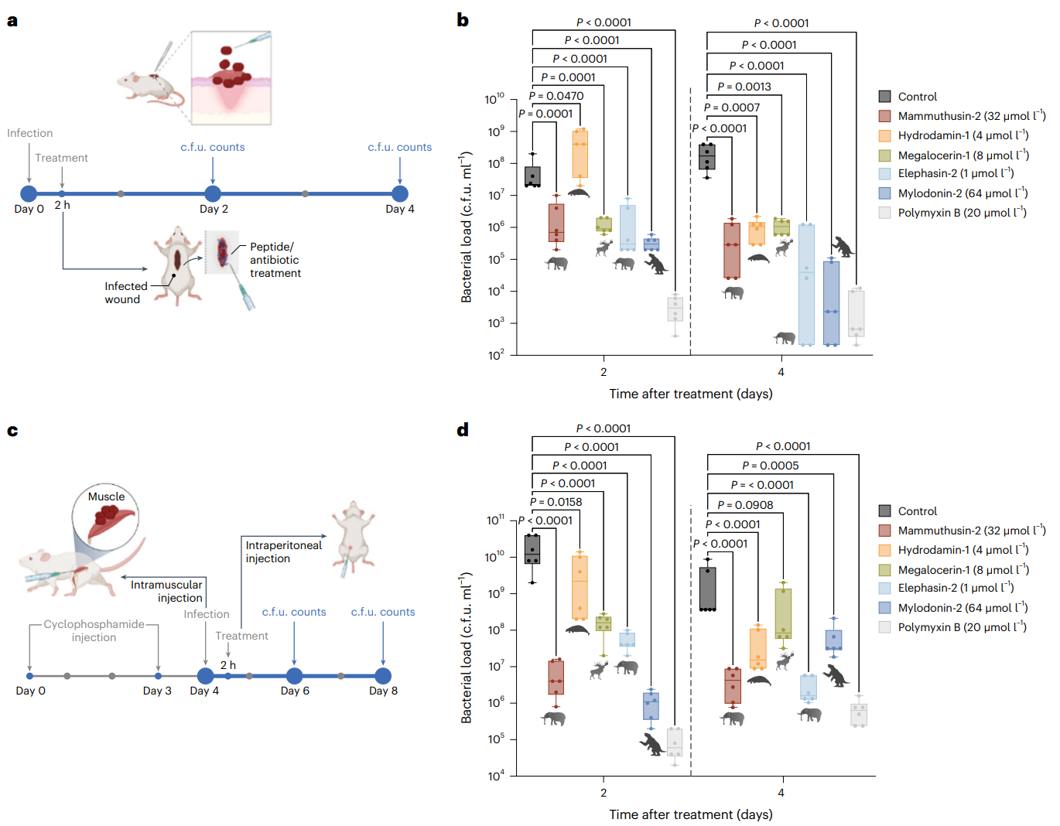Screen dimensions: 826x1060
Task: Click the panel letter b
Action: tap(463, 20)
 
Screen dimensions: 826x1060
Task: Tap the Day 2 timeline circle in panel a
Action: tap(213, 193)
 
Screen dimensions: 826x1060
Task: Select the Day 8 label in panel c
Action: tap(383, 691)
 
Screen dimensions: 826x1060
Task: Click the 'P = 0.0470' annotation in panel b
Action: tap(556, 96)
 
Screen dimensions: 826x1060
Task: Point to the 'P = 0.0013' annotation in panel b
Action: tap(744, 87)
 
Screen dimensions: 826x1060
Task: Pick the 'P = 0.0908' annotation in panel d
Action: tap(744, 505)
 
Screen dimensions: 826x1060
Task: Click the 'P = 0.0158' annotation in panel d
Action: tap(556, 502)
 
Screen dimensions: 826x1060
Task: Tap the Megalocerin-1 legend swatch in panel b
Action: tap(885, 155)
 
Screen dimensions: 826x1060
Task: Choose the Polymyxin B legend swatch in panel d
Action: tap(885, 627)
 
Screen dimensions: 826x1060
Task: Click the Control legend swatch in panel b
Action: tap(885, 97)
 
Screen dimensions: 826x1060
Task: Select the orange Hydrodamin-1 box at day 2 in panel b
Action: tap(580, 155)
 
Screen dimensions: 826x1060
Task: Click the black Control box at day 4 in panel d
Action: tap(707, 589)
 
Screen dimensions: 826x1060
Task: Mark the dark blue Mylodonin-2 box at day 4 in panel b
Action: tap(831, 302)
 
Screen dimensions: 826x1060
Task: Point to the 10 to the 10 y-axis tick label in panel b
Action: tap(494, 99)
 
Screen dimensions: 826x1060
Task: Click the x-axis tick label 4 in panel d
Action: tap(781, 793)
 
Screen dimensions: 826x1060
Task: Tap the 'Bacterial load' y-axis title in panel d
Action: tap(466, 648)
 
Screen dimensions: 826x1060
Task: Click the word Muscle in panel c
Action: tap(106, 497)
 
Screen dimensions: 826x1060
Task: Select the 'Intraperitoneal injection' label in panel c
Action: tap(283, 551)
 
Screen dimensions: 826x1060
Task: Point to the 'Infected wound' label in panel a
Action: tap(124, 292)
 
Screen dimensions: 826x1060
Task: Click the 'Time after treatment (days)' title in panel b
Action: tap(690, 394)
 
